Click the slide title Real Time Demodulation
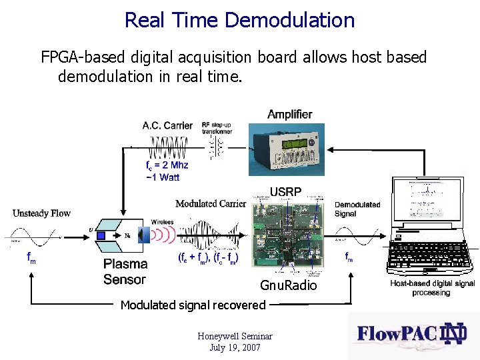pyautogui.click(x=239, y=20)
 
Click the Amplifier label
pyautogui.click(x=289, y=115)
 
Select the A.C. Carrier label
pyautogui.click(x=167, y=125)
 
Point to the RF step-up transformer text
pyautogui.click(x=217, y=128)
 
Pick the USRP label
pyautogui.click(x=285, y=191)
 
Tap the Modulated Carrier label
pyautogui.click(x=211, y=203)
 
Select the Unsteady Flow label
pyautogui.click(x=41, y=213)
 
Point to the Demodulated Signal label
pyautogui.click(x=357, y=209)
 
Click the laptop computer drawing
pyautogui.click(x=431, y=227)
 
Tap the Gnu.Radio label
pyautogui.click(x=289, y=286)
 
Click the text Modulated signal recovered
pyautogui.click(x=193, y=305)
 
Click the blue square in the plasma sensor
pyautogui.click(x=101, y=235)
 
